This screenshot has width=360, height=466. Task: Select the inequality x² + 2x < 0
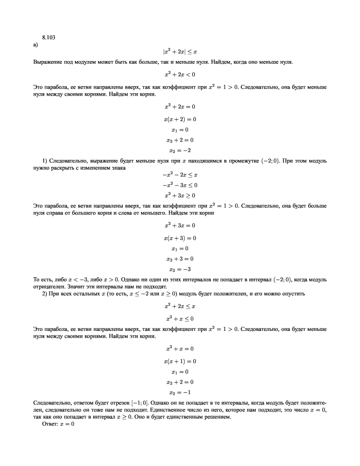coord(180,74)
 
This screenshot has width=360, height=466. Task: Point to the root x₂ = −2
coord(180,150)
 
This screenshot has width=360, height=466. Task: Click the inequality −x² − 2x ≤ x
coord(180,175)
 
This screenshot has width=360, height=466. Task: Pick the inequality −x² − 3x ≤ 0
coord(180,185)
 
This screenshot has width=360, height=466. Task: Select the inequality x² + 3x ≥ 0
coord(180,195)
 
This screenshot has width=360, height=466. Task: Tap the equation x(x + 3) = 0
coord(180,238)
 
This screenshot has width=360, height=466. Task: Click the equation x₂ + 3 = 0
coord(180,259)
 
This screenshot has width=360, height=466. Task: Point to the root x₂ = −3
coord(180,269)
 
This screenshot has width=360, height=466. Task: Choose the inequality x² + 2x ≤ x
coord(180,307)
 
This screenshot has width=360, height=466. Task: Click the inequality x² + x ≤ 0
coord(180,319)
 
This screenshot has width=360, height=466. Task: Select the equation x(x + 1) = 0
coord(180,361)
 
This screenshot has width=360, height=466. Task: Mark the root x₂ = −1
coord(180,392)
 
